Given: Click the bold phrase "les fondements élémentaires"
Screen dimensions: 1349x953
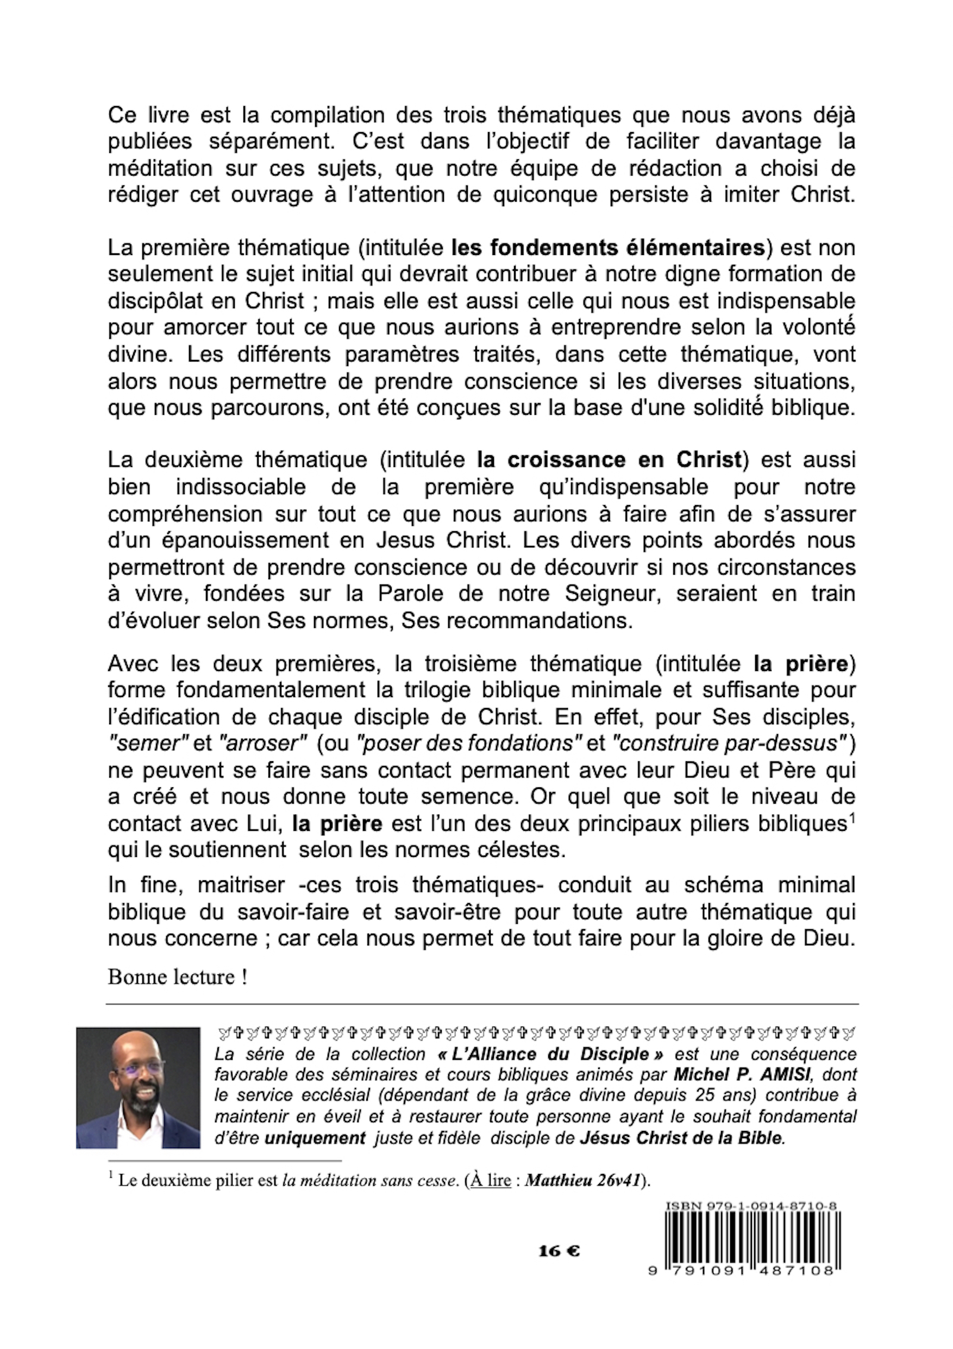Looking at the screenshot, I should coord(608,248).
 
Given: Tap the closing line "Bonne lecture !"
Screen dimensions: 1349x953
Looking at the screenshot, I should coord(177,977).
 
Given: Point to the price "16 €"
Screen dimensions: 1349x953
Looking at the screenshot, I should coord(559,1252).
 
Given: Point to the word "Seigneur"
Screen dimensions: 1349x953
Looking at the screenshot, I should coord(614,594).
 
